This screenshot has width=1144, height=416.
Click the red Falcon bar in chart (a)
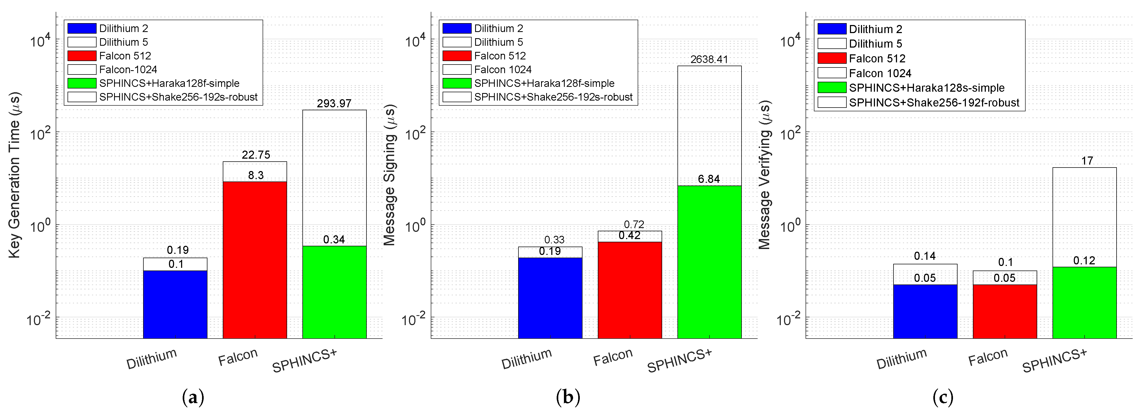255,260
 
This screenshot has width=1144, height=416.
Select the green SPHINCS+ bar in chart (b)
709,262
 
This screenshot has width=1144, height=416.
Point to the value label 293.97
334,104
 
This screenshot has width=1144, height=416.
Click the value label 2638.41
709,59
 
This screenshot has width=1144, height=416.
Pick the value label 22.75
256,155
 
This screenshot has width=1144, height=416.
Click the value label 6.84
709,179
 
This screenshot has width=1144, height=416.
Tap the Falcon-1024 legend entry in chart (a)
128,70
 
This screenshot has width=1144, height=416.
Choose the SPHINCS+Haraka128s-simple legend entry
926,88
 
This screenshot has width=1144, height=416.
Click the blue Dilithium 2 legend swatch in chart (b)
457,29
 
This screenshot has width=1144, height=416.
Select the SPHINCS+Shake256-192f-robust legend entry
934,102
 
